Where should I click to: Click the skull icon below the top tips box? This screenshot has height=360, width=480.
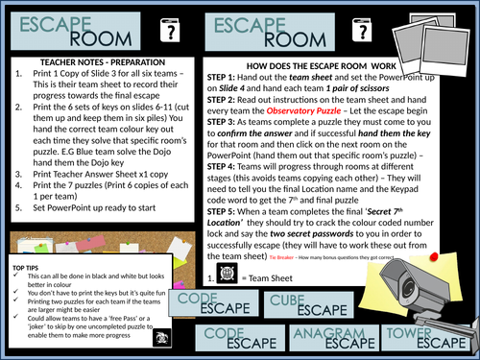(x=159, y=338)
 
